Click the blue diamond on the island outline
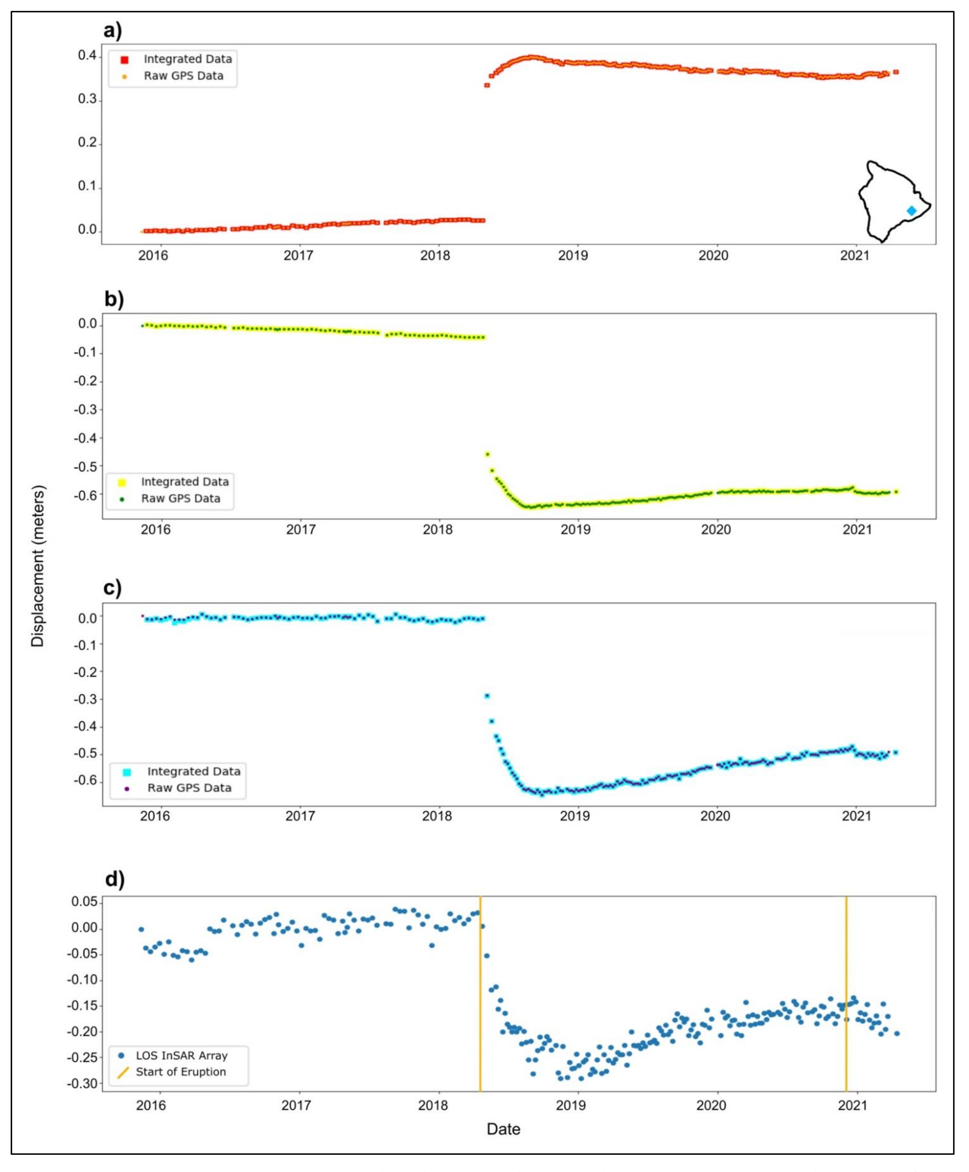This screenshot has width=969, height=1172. point(911,210)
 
